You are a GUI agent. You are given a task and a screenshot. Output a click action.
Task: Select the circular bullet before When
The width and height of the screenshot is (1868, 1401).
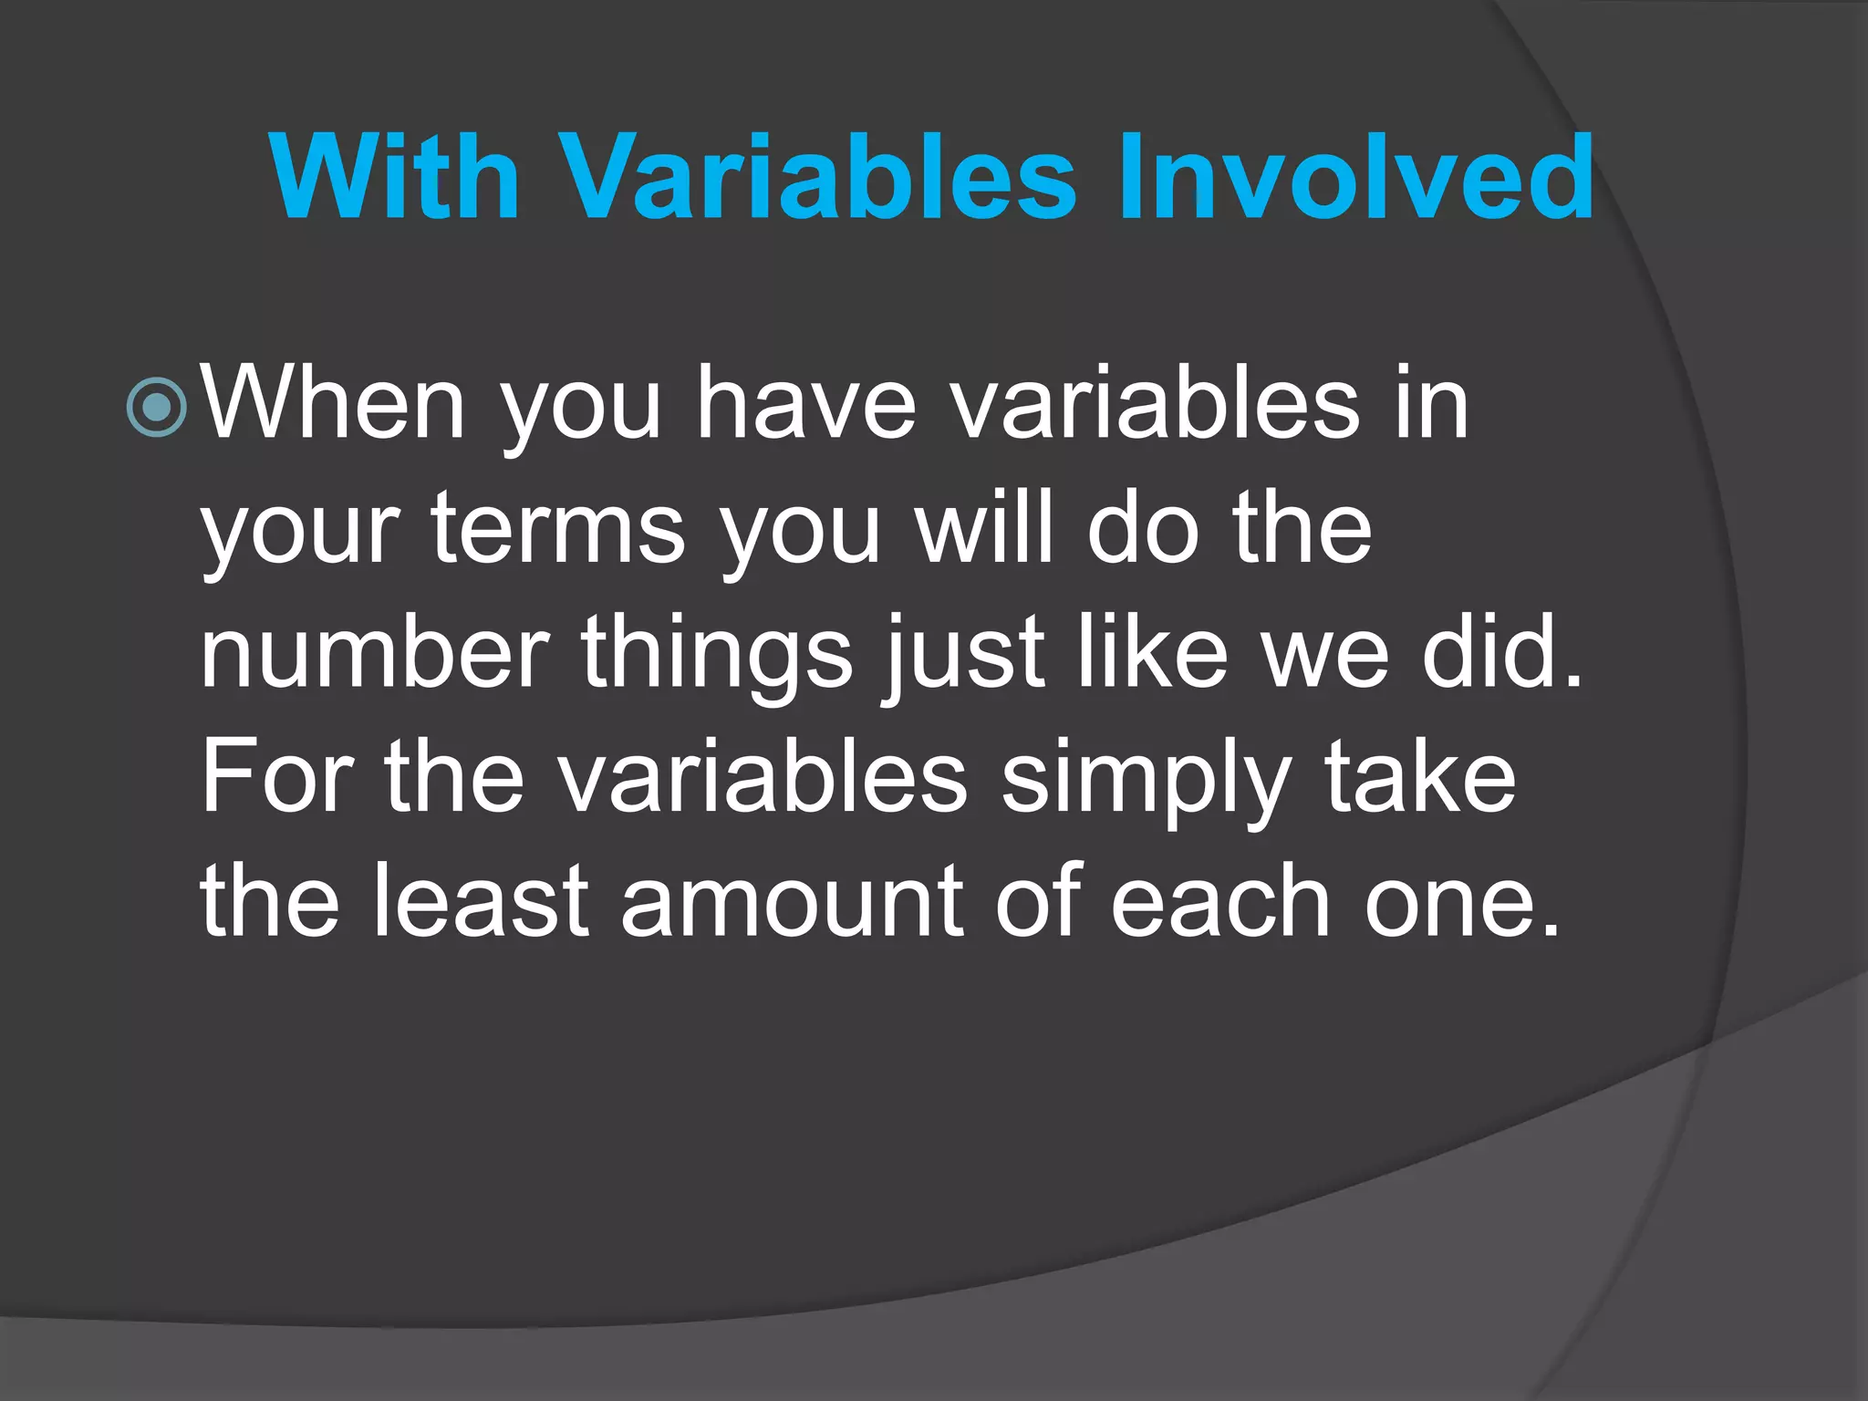coord(158,408)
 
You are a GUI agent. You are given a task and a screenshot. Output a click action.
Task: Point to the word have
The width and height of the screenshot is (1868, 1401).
coord(806,403)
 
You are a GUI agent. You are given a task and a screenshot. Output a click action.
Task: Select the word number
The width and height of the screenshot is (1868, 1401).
coord(375,652)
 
